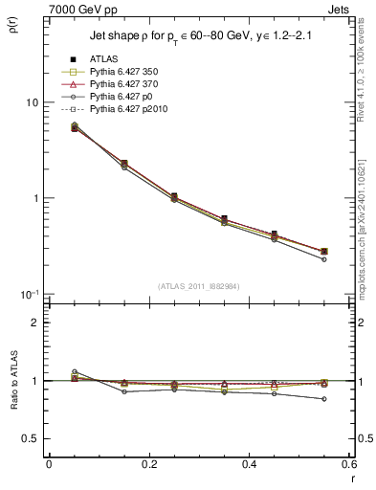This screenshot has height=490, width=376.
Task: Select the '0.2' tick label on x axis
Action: click(148, 463)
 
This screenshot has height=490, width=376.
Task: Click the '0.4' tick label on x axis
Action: click(249, 463)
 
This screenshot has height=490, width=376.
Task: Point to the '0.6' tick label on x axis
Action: click(348, 463)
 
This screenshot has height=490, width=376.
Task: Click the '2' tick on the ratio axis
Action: click(35, 323)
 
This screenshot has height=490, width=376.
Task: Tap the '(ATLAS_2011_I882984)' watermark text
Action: click(200, 285)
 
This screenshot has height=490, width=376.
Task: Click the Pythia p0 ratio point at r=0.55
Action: click(323, 399)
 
